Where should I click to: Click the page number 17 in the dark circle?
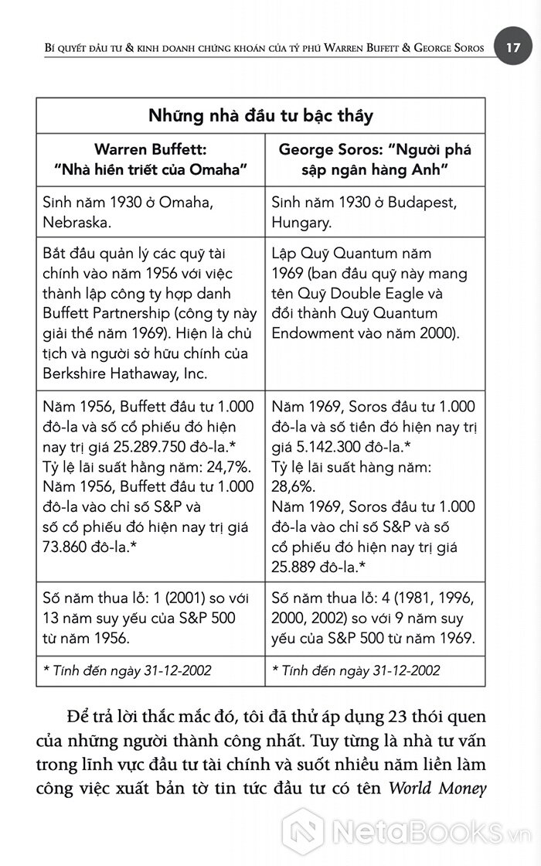tap(513, 47)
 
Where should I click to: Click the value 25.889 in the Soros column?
tap(298, 567)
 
